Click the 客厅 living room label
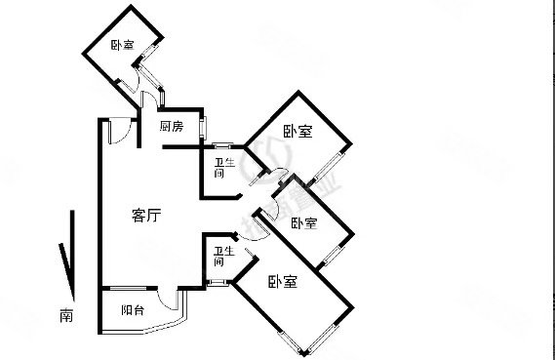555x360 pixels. click(x=145, y=217)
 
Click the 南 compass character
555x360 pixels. click(x=65, y=315)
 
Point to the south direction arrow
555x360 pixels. click(x=64, y=254)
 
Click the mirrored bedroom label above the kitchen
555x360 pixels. click(x=122, y=45)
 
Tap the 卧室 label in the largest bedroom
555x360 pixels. click(x=283, y=283)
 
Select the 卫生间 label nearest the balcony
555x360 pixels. click(x=220, y=257)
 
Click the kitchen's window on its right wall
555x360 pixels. click(x=204, y=126)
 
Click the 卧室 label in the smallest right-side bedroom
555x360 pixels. click(x=303, y=223)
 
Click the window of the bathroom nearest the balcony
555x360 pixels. click(x=218, y=284)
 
